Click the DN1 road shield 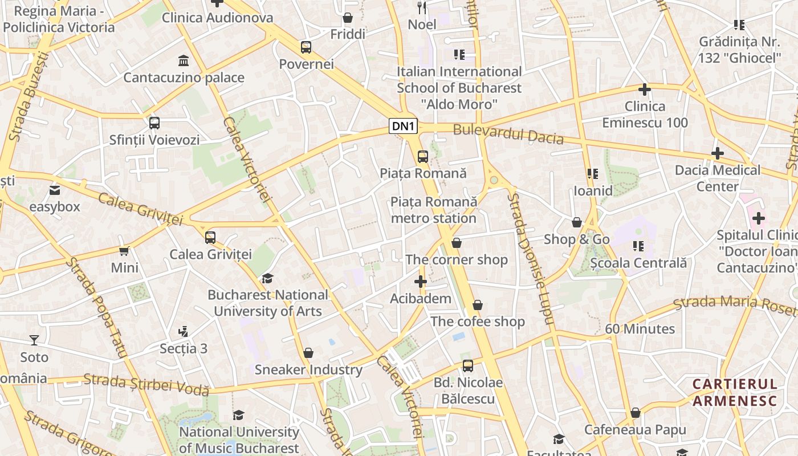coord(404,127)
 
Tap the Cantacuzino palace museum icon coord(184,61)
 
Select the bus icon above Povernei coord(306,47)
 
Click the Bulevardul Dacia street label coord(508,135)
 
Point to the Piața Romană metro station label coord(433,210)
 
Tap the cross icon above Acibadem coord(421,282)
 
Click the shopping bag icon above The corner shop coord(456,243)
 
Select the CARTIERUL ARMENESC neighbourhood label coord(735,392)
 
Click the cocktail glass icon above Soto coord(34,340)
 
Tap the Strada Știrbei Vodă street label coord(146,385)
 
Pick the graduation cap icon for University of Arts coord(267,278)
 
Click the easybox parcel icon coord(55,190)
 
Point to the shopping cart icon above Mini coord(124,251)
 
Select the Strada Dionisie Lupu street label coord(530,259)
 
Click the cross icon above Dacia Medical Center coord(717,153)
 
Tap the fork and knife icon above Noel coord(422,7)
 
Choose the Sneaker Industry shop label coord(308,369)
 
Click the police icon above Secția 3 coord(183,331)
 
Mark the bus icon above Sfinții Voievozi coord(154,123)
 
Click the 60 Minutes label coord(640,329)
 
